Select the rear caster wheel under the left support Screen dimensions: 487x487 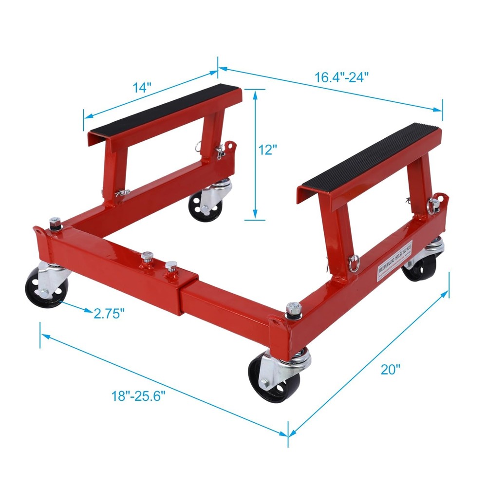coord(206,205)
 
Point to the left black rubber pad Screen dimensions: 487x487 coord(166,110)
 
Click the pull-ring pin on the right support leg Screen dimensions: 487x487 coord(354,262)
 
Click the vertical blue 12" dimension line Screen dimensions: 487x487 coord(255,153)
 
